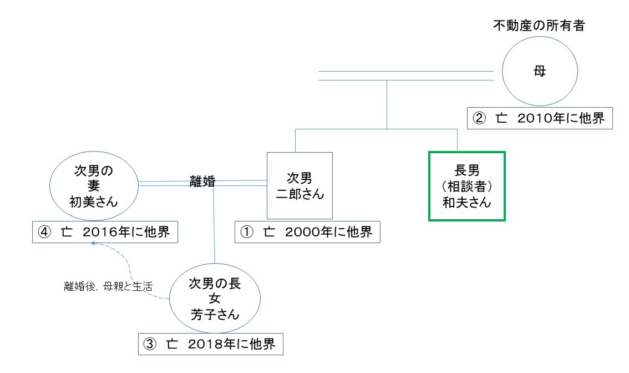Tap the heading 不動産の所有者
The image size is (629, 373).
click(539, 26)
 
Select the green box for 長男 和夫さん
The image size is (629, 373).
click(466, 186)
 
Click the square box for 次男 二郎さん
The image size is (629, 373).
click(300, 185)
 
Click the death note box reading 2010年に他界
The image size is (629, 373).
click(540, 118)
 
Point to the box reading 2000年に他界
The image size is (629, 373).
click(307, 232)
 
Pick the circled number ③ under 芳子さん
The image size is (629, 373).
click(151, 344)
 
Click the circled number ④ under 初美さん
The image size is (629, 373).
click(44, 232)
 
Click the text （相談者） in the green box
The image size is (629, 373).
click(466, 186)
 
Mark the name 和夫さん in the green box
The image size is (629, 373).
click(466, 202)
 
